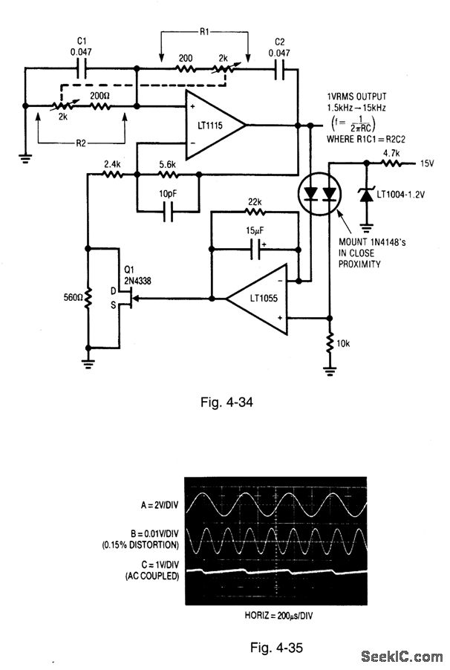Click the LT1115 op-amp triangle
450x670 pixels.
pyautogui.click(x=214, y=125)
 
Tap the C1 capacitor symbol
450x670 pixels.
pyautogui.click(x=82, y=68)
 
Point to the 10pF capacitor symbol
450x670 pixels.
pyautogui.click(x=169, y=212)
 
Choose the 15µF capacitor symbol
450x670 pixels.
pyautogui.click(x=256, y=249)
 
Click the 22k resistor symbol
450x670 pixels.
pyautogui.click(x=255, y=212)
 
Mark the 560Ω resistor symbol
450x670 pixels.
pyautogui.click(x=88, y=298)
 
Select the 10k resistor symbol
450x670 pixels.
pyautogui.click(x=330, y=342)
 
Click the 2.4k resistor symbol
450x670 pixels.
pyautogui.click(x=112, y=174)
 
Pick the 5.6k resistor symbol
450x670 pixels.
pyautogui.click(x=169, y=174)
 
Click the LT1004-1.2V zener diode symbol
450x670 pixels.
pyautogui.click(x=366, y=195)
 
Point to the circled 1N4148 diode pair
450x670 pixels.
pyautogui.click(x=319, y=195)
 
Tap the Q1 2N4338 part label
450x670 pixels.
pyautogui.click(x=137, y=275)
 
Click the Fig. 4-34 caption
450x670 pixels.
pyautogui.click(x=226, y=402)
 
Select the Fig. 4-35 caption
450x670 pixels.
pyautogui.click(x=276, y=648)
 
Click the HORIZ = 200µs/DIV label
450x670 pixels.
pyautogui.click(x=278, y=616)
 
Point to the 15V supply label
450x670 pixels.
pyautogui.click(x=427, y=163)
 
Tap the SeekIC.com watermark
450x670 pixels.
pyautogui.click(x=402, y=656)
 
